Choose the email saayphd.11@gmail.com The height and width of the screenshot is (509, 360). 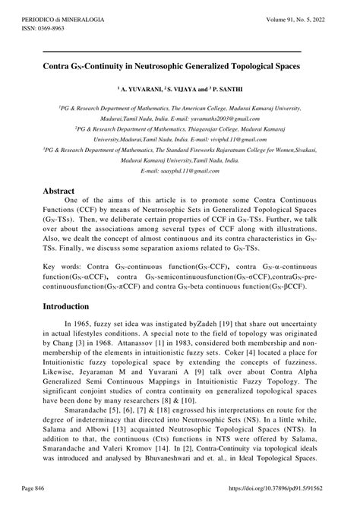coord(188,172)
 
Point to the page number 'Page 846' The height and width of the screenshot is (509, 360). coord(56,492)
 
